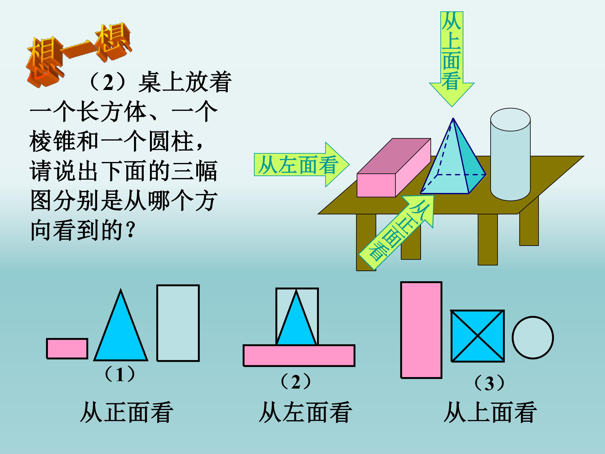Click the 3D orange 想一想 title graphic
pos(78,55)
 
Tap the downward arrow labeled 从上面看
pos(452,59)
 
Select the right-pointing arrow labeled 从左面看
pos(302,164)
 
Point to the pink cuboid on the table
pos(394,168)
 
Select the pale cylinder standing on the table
pos(510,154)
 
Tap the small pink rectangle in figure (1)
pos(67,348)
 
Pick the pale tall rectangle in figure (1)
pos(178,323)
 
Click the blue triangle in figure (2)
pos(296,317)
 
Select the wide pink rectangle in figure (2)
pos(299,355)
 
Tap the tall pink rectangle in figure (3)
pos(421,330)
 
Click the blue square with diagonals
pos(477,336)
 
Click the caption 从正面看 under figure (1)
pos(126,412)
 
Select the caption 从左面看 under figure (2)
pos(305,412)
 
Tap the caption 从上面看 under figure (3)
pos(490,412)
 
